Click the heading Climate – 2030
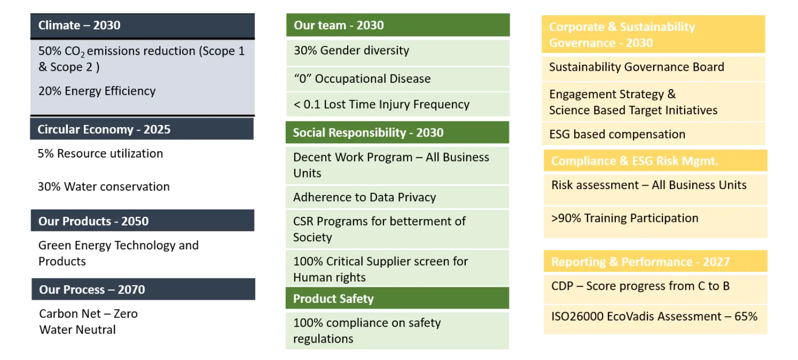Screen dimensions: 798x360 click(x=79, y=25)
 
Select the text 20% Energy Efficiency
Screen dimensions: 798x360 click(x=97, y=91)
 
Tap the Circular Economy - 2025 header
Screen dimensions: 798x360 click(x=104, y=129)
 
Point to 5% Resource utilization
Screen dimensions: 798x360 click(x=100, y=154)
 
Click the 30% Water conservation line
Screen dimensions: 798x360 click(x=104, y=186)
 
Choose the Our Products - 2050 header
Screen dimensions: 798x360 click(x=93, y=221)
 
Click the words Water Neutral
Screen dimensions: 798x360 click(x=77, y=330)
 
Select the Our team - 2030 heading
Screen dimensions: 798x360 click(x=339, y=25)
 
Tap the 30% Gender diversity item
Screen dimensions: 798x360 click(x=351, y=50)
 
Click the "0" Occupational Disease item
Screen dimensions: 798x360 click(x=362, y=79)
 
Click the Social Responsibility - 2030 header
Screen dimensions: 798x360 click(x=369, y=133)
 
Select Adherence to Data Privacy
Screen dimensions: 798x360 click(x=365, y=197)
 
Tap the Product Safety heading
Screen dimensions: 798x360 click(x=334, y=298)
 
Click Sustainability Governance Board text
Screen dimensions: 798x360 click(x=636, y=67)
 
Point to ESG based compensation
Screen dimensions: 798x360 click(x=617, y=134)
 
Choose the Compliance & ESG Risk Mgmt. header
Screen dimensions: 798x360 click(x=635, y=161)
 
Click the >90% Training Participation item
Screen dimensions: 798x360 click(x=625, y=218)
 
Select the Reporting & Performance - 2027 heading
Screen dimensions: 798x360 click(x=640, y=262)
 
